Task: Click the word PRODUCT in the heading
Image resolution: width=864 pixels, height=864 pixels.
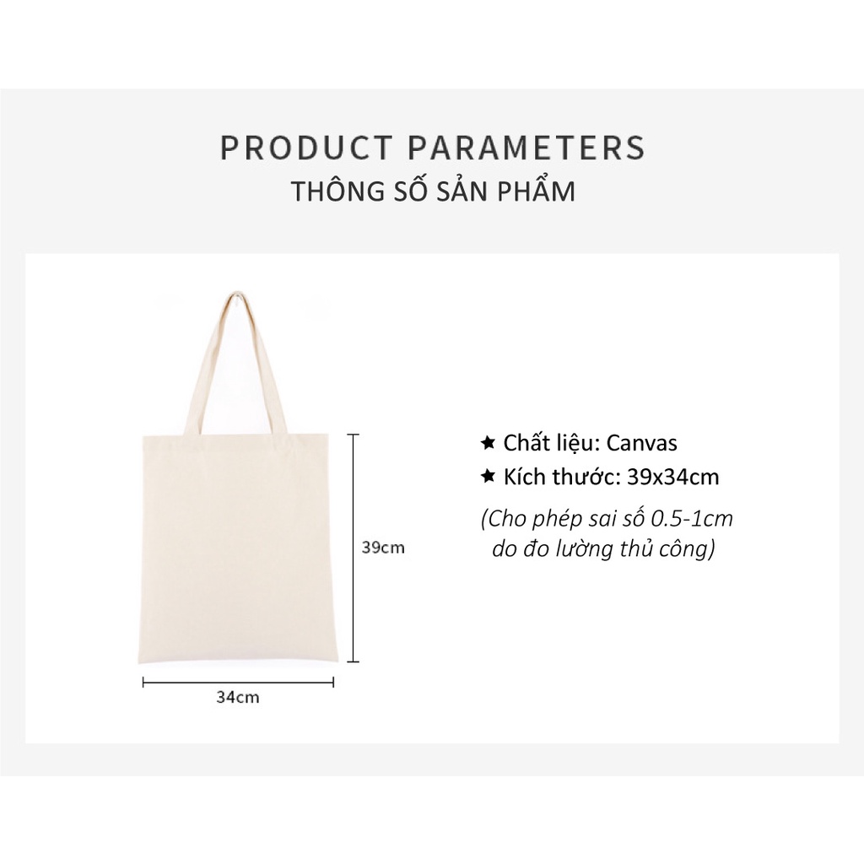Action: (x=305, y=148)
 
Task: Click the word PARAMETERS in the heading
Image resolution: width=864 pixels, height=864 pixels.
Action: (x=527, y=148)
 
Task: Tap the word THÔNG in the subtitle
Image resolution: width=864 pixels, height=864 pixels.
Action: (x=336, y=192)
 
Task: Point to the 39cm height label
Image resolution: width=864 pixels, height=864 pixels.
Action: (x=383, y=548)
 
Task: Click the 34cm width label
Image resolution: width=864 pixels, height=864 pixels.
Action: (x=238, y=698)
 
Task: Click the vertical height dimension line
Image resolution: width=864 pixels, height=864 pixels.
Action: (x=354, y=548)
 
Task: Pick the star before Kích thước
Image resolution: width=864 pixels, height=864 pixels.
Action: (x=487, y=477)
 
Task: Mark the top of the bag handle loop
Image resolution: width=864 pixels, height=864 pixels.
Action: (x=237, y=295)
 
